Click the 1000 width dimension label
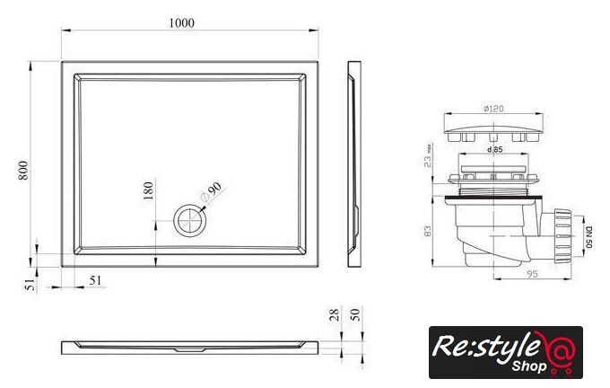pos(181,23)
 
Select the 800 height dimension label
pos(23,170)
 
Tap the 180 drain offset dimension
pos(148,190)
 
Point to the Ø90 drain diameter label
pos(211,191)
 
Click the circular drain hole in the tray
pos(189,220)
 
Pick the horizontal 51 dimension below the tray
pos(95,280)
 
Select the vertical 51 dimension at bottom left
pos(30,285)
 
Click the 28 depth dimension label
pos(335,314)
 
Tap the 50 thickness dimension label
pos(355,314)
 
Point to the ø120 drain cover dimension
pos(493,109)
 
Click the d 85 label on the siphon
pos(494,149)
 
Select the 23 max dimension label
pos(428,155)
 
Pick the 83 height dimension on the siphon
pos(428,231)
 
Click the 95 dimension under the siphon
pos(532,274)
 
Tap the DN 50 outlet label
pos(588,237)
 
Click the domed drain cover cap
pos(493,133)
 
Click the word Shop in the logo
pos(529,366)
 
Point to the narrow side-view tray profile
pos(354,164)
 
